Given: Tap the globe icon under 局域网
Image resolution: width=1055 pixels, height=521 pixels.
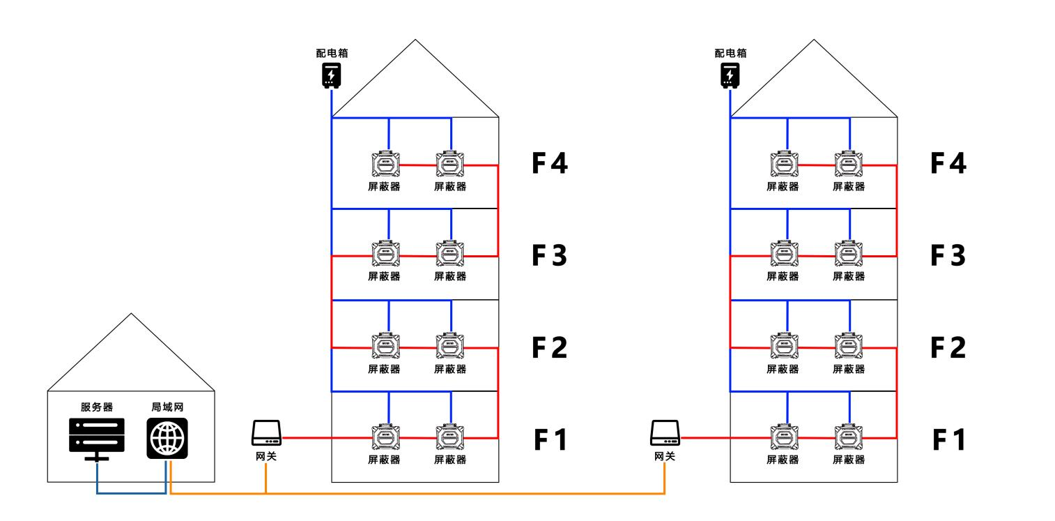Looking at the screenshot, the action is click(167, 438).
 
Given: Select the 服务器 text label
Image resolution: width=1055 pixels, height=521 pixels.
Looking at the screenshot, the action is click(97, 407).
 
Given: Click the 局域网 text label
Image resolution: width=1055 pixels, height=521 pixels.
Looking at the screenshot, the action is click(167, 407).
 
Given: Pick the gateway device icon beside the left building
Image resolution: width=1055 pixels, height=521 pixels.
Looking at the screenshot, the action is click(266, 433).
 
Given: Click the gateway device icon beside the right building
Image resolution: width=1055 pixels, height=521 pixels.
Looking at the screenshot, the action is click(665, 433).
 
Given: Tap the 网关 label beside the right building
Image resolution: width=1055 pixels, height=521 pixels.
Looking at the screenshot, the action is click(665, 456).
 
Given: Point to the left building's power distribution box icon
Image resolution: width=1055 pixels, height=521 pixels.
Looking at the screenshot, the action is click(331, 75).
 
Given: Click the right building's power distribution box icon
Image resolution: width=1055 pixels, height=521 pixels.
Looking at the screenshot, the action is click(730, 75).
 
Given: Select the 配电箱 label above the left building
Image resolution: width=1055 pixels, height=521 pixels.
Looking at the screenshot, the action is click(332, 53).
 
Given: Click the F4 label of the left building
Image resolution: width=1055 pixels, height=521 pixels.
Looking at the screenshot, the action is click(550, 163).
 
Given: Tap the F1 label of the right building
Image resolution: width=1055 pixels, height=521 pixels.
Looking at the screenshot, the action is click(948, 440).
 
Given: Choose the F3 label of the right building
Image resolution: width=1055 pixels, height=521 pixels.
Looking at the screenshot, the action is click(948, 255).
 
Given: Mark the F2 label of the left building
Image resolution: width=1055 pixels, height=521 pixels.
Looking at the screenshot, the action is click(550, 347).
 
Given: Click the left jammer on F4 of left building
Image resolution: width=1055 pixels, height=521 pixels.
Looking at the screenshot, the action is click(386, 164).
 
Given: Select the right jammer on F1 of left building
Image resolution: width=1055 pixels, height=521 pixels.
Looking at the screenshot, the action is click(449, 437).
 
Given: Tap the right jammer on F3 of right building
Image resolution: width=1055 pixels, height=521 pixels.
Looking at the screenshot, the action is click(848, 254).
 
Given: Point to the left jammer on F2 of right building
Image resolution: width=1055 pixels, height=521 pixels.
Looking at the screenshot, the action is click(784, 346).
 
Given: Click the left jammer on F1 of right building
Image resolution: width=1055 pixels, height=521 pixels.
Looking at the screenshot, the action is click(784, 437).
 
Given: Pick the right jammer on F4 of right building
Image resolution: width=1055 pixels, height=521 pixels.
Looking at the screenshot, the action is click(848, 164).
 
